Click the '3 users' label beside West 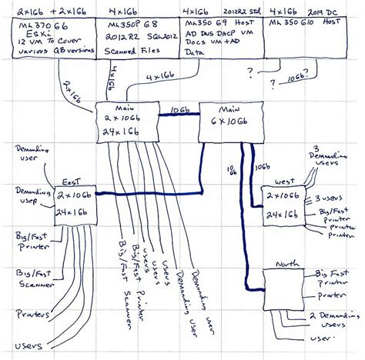(x=329, y=198)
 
